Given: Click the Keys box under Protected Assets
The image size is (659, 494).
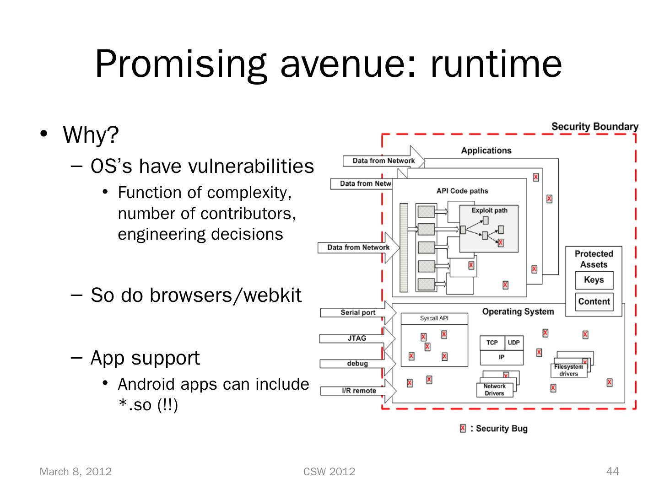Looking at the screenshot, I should tap(594, 280).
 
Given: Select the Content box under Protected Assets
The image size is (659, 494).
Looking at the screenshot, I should tap(594, 301).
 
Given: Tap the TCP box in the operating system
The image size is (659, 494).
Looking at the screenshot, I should tap(492, 343).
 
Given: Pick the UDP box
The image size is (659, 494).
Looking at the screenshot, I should tap(513, 343).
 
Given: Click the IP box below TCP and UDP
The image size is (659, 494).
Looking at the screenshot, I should tap(502, 357).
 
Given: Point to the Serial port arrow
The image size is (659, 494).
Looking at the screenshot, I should tap(358, 313).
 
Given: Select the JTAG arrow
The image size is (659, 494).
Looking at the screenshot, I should tap(357, 338).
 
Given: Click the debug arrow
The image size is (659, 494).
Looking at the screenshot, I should tap(357, 364).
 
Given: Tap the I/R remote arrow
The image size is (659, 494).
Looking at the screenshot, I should tap(358, 391).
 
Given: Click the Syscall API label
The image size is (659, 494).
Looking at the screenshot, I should tap(434, 318).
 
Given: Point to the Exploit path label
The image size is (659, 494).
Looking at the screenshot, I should tap(489, 210).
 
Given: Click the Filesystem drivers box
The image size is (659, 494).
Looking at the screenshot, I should tap(568, 370).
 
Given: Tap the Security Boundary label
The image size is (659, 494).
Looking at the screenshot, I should tap(594, 127).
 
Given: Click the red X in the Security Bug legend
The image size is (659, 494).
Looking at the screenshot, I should tap(463, 429).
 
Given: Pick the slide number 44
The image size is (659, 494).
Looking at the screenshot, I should tap(612, 471).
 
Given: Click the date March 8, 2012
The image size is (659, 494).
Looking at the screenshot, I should tap(76, 472).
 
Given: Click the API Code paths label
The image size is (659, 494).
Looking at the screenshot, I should tap(462, 191).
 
